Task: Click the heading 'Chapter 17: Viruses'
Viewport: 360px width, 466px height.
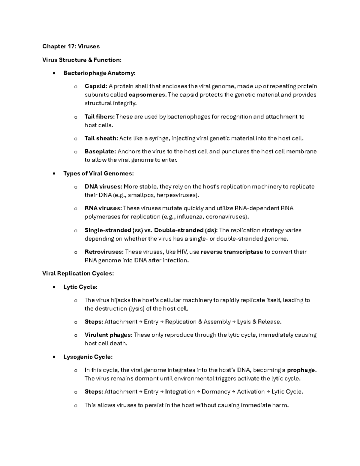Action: [71, 46]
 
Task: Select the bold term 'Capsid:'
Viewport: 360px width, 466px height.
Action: [96, 86]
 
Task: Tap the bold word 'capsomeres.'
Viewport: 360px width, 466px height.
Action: [148, 95]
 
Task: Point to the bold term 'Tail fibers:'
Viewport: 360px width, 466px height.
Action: [100, 117]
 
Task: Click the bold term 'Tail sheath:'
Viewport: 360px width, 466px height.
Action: [101, 138]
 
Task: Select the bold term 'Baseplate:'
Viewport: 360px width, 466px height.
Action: [100, 152]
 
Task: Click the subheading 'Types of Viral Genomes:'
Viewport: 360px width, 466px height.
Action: [98, 173]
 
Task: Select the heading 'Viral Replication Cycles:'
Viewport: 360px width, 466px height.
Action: [78, 273]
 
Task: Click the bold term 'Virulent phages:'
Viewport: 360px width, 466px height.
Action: [108, 335]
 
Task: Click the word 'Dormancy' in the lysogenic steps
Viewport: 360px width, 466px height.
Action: [216, 392]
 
